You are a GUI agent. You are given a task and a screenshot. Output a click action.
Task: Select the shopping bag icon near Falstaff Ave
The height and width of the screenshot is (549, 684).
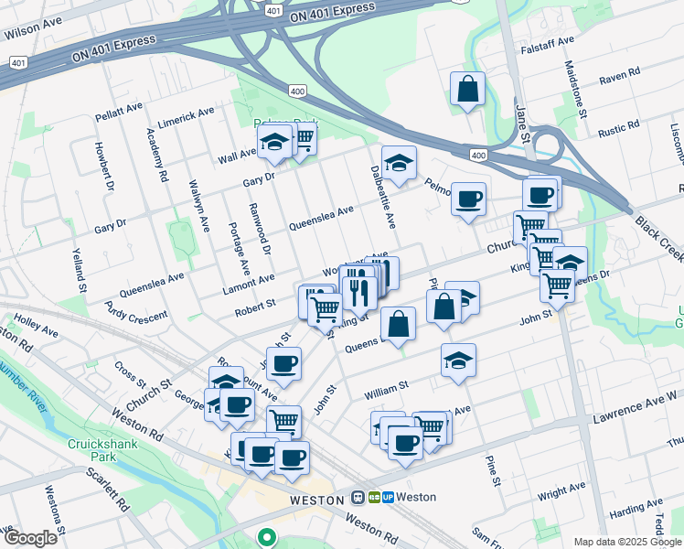[467, 90]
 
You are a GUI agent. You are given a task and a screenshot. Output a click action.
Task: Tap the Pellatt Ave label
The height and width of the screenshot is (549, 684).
[119, 113]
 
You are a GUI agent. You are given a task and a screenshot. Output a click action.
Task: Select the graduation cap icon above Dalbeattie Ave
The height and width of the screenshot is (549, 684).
[399, 163]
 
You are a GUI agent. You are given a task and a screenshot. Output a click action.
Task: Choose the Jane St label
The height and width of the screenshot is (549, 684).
[522, 120]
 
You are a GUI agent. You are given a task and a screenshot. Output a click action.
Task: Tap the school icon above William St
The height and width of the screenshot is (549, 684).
[458, 361]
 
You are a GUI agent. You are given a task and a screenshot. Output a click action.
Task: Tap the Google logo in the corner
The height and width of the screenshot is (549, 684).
[30, 537]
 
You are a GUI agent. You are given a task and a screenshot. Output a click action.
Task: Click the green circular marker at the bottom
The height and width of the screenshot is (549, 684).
[267, 538]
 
